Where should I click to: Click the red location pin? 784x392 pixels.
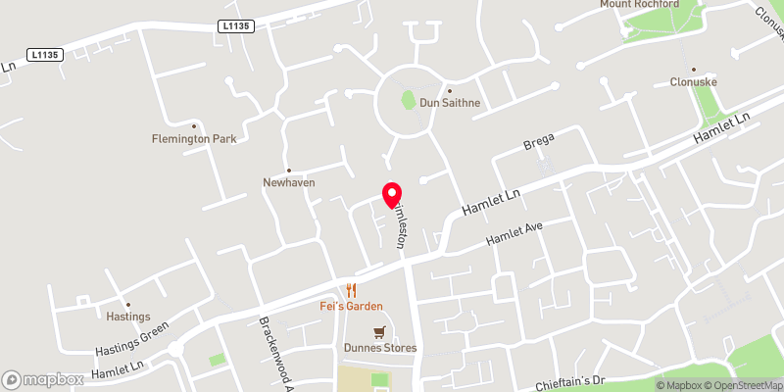(391, 193)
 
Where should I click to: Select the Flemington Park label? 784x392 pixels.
(194, 139)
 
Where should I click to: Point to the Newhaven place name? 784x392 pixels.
(288, 182)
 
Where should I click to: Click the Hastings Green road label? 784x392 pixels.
(132, 337)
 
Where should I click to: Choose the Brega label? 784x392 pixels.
(539, 146)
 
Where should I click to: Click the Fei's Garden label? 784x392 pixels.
(352, 306)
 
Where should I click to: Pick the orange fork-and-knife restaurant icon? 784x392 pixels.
(352, 290)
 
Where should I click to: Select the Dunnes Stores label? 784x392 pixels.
(380, 348)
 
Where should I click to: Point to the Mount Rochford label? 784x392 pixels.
(640, 4)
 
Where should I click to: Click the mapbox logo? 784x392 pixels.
(42, 379)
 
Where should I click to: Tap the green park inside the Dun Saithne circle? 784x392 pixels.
(409, 99)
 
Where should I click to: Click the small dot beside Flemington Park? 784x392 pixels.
(194, 125)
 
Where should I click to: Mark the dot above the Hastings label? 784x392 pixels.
(127, 304)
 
